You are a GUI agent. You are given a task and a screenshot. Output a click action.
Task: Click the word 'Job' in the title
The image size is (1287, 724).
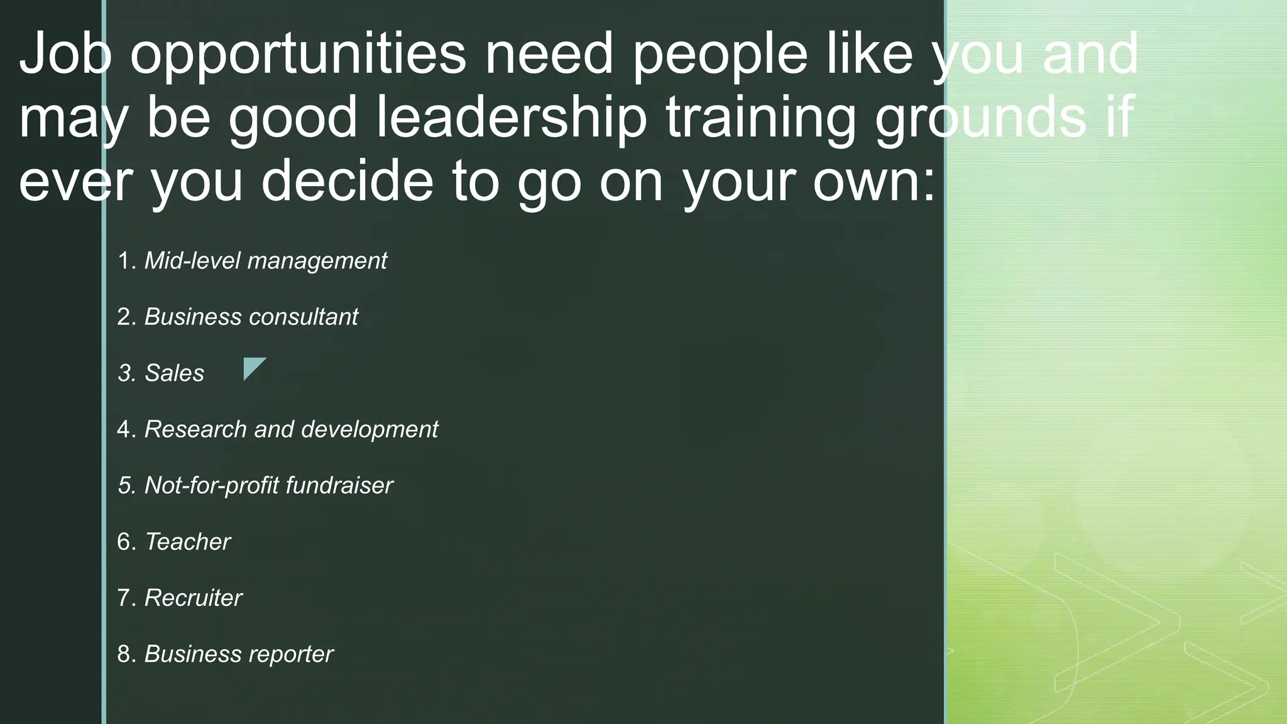[x=66, y=54]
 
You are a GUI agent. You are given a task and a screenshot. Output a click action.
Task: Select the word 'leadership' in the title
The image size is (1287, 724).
[x=512, y=118]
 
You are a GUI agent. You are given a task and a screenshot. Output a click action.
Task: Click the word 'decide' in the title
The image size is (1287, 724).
[x=347, y=182]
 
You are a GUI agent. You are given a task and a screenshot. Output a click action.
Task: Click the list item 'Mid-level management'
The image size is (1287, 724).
[x=265, y=261]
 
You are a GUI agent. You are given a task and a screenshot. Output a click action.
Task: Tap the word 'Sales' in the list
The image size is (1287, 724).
[x=174, y=373]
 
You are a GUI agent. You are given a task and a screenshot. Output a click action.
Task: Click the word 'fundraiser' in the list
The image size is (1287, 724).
[x=339, y=485]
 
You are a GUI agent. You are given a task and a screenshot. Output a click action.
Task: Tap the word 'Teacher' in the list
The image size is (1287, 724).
[x=187, y=542]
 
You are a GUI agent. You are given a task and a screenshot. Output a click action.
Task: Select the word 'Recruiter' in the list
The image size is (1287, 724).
[x=193, y=598]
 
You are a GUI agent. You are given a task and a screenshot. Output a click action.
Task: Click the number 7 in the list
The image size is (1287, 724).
[x=124, y=598]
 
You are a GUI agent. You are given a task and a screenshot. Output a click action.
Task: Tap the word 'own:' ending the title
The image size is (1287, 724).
[x=874, y=182]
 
